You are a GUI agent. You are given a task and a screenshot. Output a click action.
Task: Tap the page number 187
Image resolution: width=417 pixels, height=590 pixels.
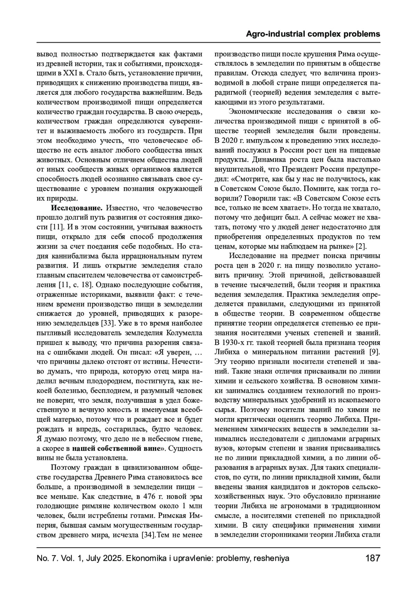(373, 558)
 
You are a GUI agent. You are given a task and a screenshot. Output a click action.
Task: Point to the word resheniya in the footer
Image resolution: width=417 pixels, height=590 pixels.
(271, 558)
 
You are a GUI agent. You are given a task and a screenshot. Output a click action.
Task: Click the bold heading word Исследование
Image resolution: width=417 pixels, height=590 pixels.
(76, 208)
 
